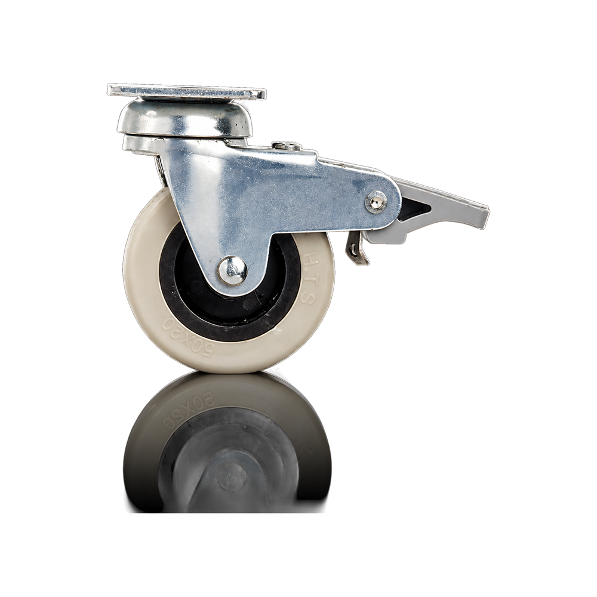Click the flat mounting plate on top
[186, 92]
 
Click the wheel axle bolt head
[232, 270]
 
